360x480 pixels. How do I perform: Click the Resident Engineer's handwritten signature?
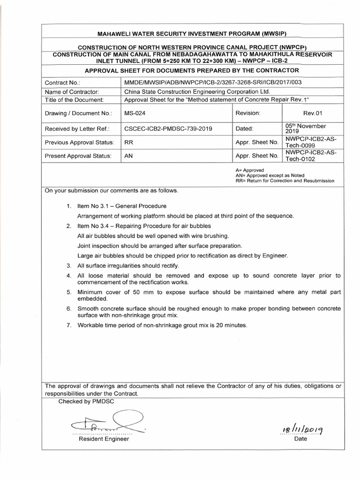(103, 421)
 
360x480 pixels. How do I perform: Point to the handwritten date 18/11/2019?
(300, 428)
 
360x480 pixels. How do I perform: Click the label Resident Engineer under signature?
(103, 439)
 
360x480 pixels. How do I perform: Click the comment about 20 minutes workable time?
(162, 325)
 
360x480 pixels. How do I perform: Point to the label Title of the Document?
(73, 100)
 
